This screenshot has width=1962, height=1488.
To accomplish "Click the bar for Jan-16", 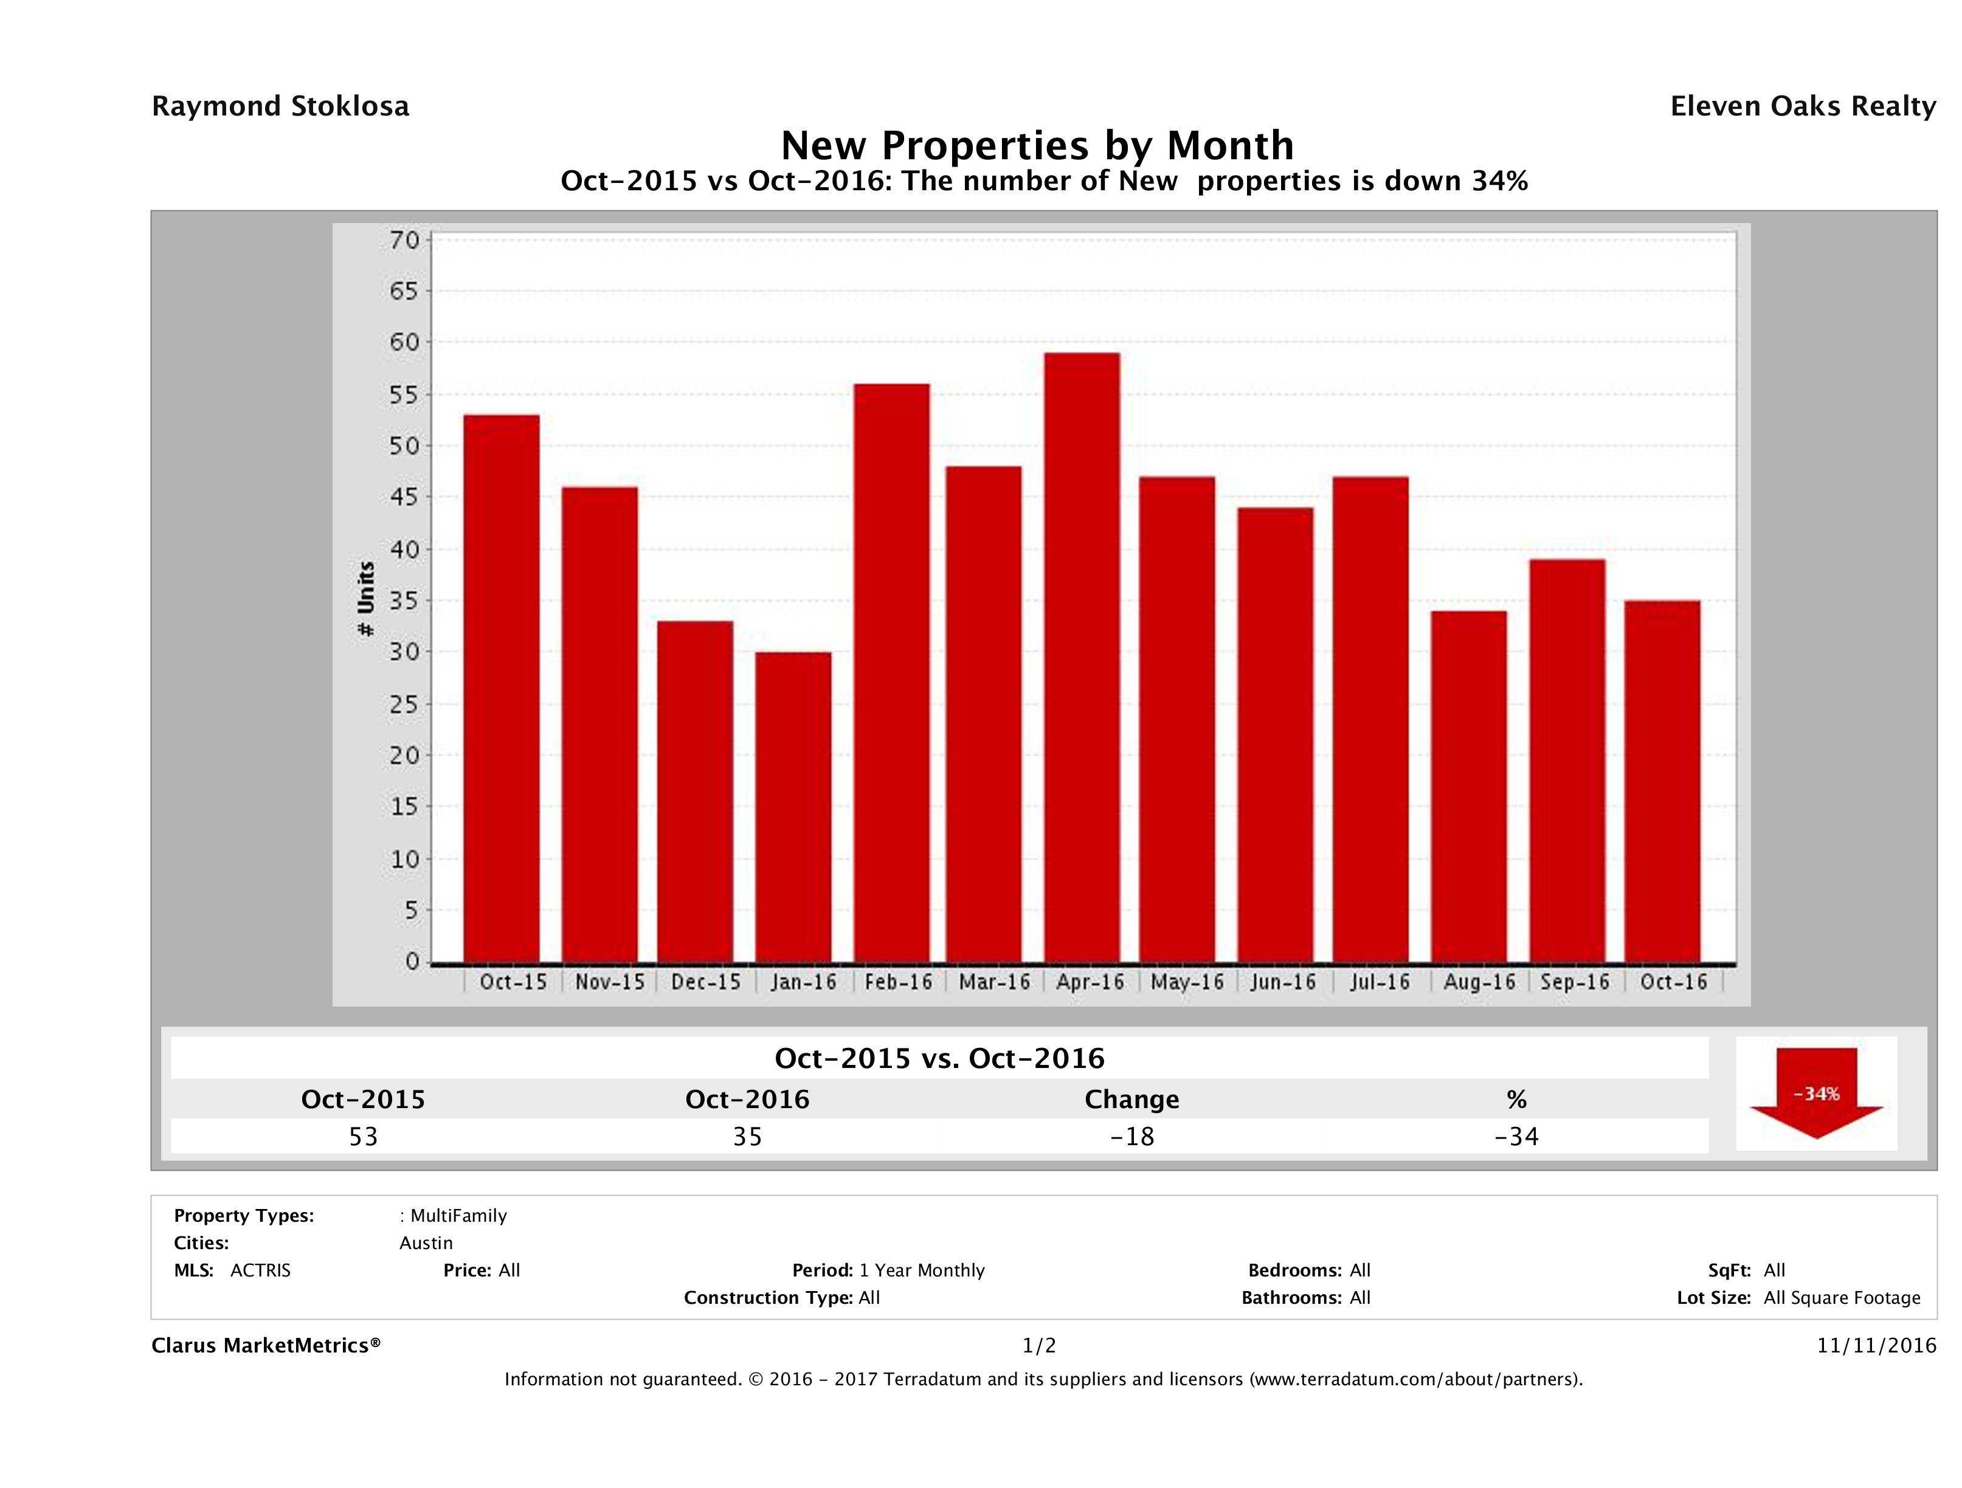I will (x=793, y=807).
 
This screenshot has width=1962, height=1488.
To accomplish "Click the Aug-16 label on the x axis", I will (x=1479, y=982).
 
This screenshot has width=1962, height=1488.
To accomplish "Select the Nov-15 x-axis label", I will (x=609, y=982).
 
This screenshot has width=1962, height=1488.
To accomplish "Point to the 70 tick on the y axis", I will (x=404, y=240).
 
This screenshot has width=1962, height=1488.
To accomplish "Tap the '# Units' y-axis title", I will (x=365, y=599).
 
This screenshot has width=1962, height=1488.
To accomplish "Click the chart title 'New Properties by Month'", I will (x=1037, y=145).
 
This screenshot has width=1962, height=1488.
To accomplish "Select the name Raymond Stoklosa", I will (x=280, y=106).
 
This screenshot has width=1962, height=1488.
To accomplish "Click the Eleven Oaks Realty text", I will (x=1802, y=106).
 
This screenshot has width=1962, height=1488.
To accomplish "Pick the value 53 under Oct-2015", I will (x=364, y=1136).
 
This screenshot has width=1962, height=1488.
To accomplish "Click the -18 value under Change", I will (x=1132, y=1136).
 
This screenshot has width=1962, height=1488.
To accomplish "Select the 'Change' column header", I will (x=1132, y=1100).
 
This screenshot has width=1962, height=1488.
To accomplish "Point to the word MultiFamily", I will (x=458, y=1216).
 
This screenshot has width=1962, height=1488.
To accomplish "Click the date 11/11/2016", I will (x=1876, y=1345).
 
